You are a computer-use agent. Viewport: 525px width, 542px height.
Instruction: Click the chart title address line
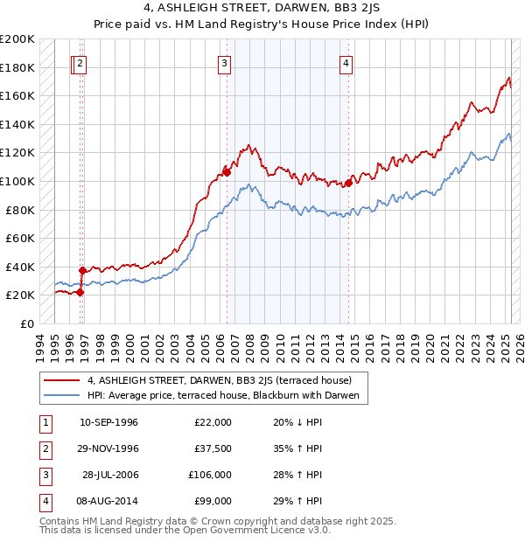point(262,10)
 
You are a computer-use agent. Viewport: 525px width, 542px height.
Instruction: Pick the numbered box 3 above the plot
point(225,63)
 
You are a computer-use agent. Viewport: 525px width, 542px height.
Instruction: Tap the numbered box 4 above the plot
point(346,63)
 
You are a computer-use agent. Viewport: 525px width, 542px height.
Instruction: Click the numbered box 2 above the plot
point(80,63)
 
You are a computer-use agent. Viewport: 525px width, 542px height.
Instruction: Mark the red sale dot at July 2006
point(227,172)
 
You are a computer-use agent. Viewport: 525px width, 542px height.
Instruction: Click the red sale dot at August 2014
point(348,183)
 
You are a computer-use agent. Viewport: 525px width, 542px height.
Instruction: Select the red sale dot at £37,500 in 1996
point(82,270)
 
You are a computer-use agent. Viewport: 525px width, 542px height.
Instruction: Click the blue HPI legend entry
point(223,395)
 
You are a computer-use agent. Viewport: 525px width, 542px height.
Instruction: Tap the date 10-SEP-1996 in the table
point(108,422)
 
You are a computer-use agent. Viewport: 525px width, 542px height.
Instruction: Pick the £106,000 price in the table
point(210,475)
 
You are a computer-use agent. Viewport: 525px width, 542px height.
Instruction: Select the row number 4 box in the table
point(44,501)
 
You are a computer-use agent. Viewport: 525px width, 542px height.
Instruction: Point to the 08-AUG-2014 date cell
point(108,501)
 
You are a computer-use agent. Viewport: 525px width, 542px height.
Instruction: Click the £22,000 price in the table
point(213,422)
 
